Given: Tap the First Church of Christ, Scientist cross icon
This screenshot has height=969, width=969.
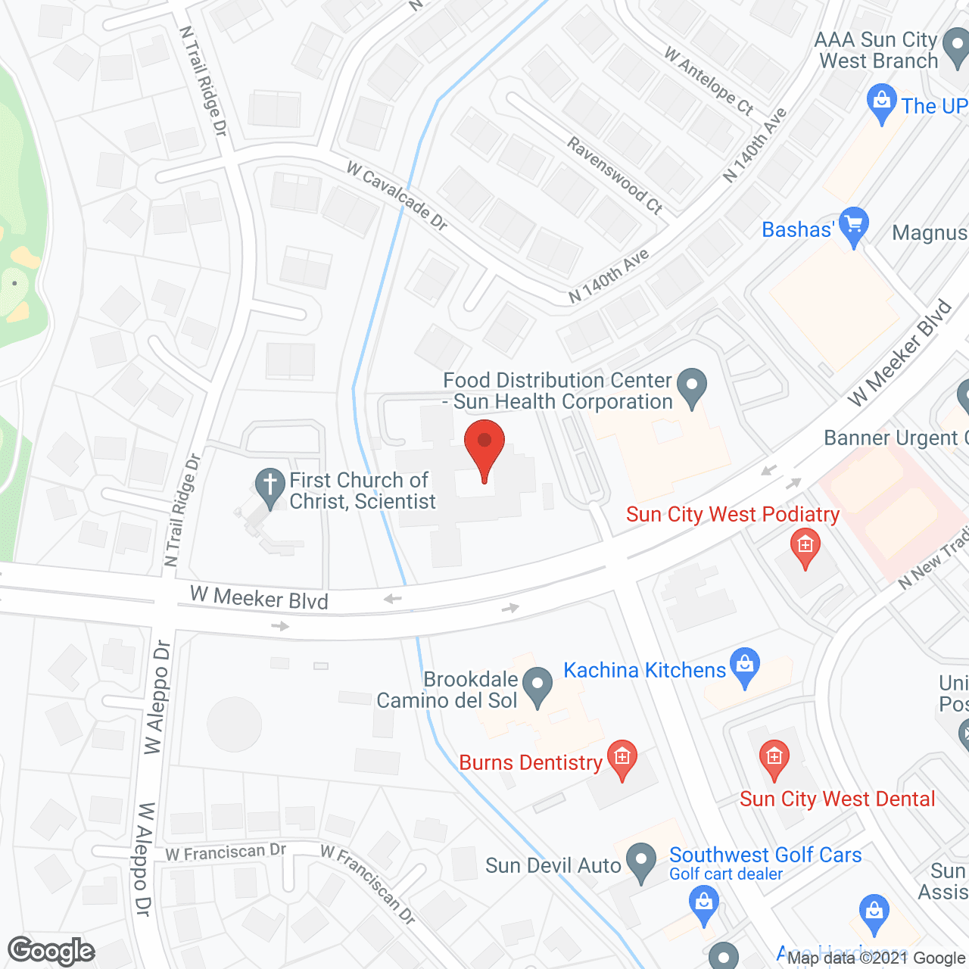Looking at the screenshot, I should tap(270, 488).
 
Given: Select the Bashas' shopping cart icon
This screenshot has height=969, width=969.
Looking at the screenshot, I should tap(854, 226).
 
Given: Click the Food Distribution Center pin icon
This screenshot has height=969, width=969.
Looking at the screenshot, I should tap(690, 388).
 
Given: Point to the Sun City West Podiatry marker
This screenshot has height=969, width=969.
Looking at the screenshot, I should tap(805, 547).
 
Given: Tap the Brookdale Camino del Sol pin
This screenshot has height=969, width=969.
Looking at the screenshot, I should tap(537, 686).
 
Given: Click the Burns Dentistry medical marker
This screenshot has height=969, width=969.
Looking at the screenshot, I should tap(622, 759).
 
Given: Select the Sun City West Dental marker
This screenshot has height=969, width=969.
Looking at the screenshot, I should tap(774, 759).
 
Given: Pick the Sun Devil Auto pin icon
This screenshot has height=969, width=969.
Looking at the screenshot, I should tap(642, 862).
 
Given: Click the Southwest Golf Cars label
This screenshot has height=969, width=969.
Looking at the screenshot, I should tap(765, 855).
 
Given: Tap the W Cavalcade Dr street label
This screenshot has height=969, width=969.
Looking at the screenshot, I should tap(397, 195).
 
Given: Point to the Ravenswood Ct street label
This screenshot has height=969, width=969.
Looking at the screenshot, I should tap(615, 176).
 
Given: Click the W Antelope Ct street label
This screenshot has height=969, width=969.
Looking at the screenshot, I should tap(709, 81).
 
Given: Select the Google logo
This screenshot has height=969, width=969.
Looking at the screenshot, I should tap(51, 951).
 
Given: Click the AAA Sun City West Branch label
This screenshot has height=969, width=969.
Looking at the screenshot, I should tap(877, 50).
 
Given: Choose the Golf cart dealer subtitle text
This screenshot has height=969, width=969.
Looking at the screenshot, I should tap(725, 874).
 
